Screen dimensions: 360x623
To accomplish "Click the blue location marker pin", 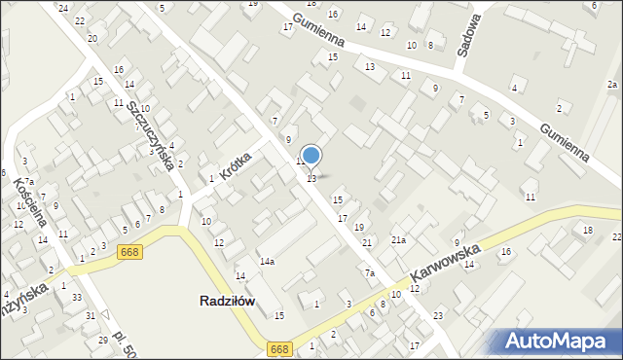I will point(311,156).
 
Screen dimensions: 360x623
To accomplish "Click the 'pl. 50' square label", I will point(125,343).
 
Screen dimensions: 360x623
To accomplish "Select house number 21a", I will point(398,239).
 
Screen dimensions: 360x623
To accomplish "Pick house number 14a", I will point(266,262).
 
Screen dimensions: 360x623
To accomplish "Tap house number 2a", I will point(611,85).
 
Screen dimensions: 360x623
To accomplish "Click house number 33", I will point(76,297).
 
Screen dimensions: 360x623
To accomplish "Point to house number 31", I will point(90,316).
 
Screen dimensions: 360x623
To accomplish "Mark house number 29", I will point(103,340).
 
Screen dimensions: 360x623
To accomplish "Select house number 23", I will point(438,315).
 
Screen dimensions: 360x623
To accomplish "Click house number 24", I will point(63,8).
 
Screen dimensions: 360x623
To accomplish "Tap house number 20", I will point(92,39).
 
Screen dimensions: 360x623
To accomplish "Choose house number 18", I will point(587,230).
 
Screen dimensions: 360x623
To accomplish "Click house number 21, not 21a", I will point(367,242).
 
